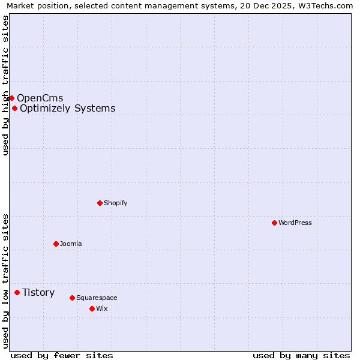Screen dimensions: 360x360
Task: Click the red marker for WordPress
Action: pos(274,223)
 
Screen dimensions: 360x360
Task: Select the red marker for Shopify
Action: pos(100,203)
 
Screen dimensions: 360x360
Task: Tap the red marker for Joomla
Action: pos(56,244)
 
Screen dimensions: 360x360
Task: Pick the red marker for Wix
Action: pos(92,308)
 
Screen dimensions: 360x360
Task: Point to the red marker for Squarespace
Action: pos(72,298)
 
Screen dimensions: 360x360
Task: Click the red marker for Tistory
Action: pos(17,292)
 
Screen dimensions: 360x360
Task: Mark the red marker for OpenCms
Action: pos(11,98)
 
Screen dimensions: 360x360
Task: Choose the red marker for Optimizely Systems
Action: pos(14,108)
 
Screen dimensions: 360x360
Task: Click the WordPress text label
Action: pos(295,223)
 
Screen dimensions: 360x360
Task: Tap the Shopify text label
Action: pos(116,203)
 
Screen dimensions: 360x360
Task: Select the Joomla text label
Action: pos(71,244)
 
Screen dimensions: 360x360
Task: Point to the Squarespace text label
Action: pos(97,298)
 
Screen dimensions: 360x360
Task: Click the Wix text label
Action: pos(102,308)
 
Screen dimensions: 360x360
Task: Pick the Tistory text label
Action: pos(38,292)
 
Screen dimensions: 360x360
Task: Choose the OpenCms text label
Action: pos(40,98)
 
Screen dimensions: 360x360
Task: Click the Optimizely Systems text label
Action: pos(67,108)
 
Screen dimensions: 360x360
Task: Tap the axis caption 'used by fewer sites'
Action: pos(62,355)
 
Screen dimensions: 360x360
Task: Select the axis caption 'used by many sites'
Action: pos(301,355)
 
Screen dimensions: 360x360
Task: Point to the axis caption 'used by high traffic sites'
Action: pos(5,85)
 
